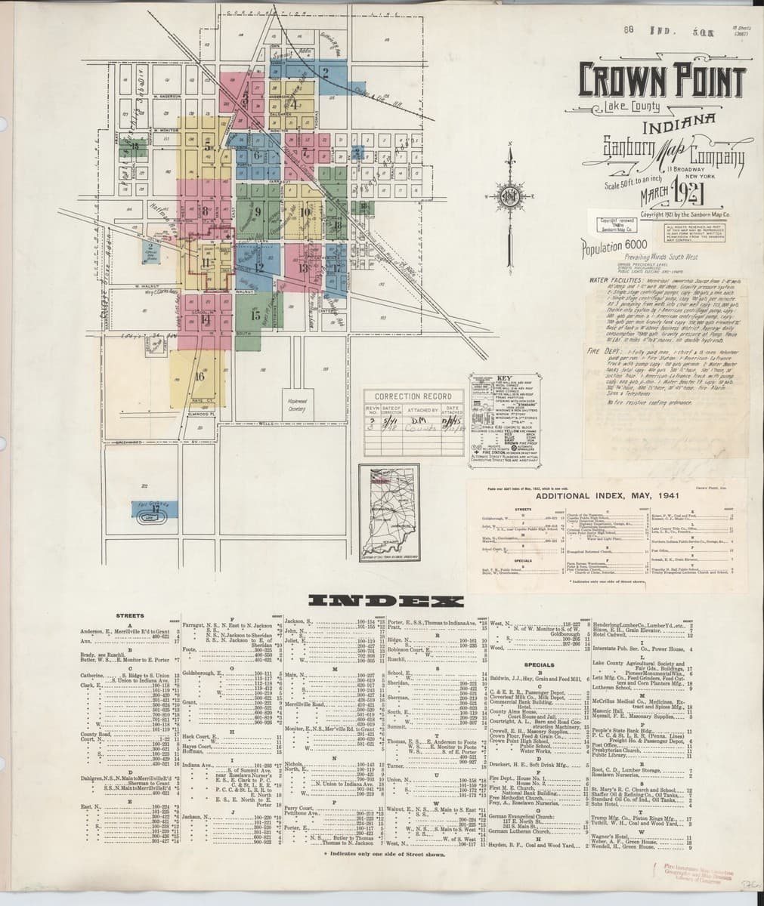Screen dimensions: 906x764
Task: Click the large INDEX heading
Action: [386, 601]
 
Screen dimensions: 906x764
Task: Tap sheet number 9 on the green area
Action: [258, 211]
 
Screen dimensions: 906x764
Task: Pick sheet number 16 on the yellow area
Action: [200, 375]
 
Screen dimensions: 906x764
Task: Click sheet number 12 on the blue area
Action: [258, 267]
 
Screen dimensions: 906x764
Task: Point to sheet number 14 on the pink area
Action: [206, 319]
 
